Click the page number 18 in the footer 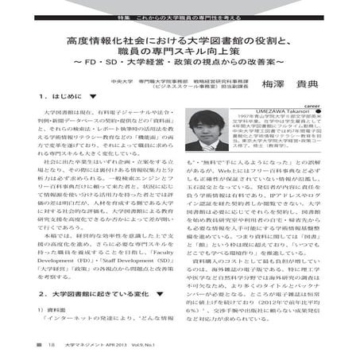50,345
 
